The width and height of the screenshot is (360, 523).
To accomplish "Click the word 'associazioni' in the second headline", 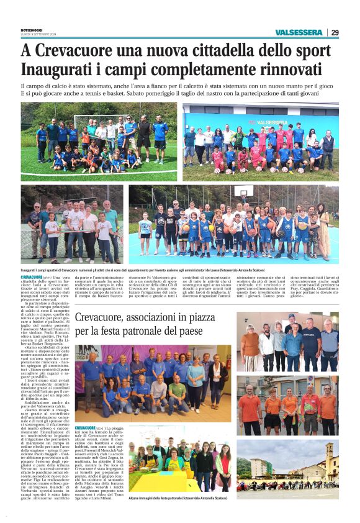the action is tap(174, 319).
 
